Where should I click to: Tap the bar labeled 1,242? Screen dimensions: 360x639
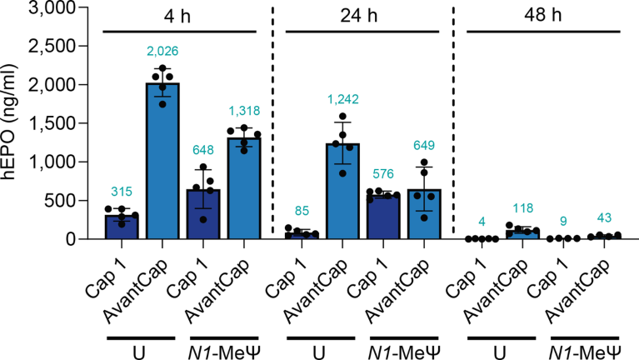(x=343, y=192)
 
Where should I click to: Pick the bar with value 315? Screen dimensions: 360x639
(x=122, y=227)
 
